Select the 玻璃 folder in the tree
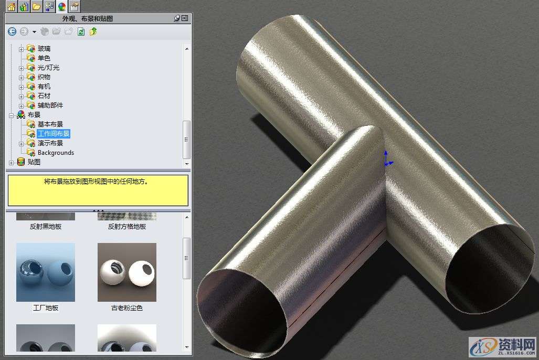click(x=44, y=49)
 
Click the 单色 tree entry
click(x=44, y=58)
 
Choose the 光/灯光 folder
click(x=48, y=68)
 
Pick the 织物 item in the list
click(x=44, y=77)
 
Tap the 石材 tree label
click(x=44, y=96)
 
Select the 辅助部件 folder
click(x=50, y=105)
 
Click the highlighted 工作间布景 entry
click(x=54, y=134)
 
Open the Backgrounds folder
click(x=56, y=153)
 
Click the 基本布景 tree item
click(x=50, y=124)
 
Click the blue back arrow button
click(x=12, y=31)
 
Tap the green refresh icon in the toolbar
click(x=81, y=31)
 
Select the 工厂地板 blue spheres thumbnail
click(x=46, y=272)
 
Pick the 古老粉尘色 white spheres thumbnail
click(x=127, y=272)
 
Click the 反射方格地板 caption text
click(x=127, y=227)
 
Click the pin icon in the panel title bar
click(x=177, y=18)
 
